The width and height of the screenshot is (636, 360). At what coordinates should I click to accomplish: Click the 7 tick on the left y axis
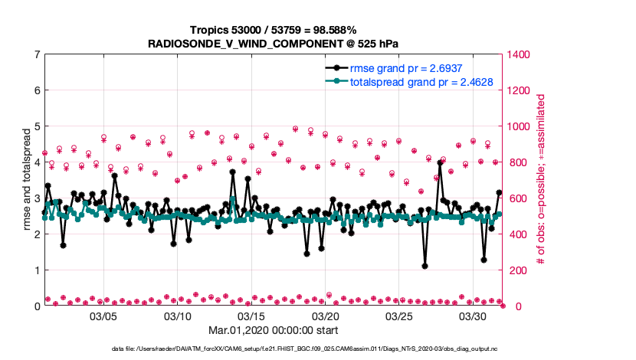[36, 54]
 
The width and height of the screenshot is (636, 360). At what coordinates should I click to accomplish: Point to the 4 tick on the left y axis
[36, 162]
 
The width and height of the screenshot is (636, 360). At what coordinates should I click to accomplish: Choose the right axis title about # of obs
[541, 180]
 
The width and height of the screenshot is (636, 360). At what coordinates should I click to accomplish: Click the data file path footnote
[272, 349]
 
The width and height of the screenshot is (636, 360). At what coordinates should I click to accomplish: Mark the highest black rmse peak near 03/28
[440, 162]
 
